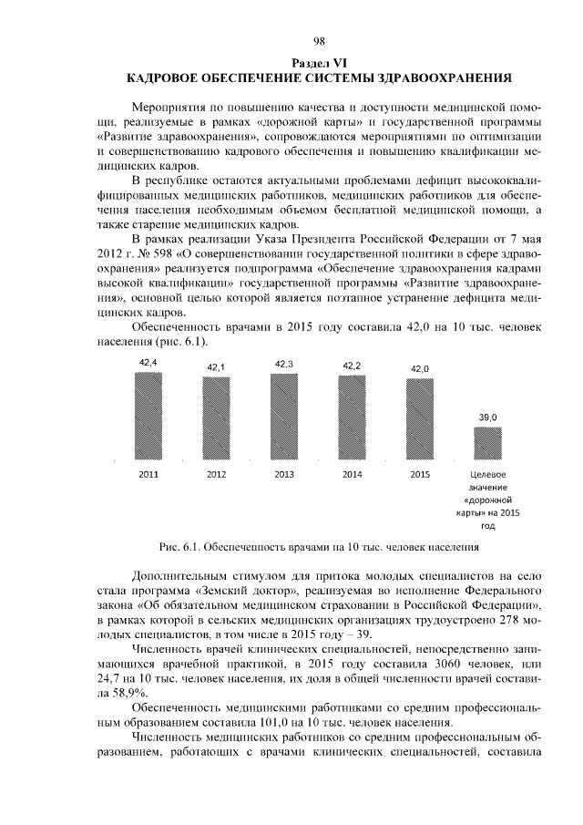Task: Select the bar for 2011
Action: click(148, 416)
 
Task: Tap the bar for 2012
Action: click(216, 416)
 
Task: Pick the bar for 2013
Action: click(283, 416)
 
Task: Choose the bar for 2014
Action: click(352, 416)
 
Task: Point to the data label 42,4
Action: click(148, 363)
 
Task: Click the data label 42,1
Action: click(216, 366)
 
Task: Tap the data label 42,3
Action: click(283, 364)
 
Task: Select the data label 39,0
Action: click(488, 417)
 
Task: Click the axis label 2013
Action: click(283, 475)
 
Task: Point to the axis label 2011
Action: click(148, 475)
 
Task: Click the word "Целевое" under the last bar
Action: click(488, 475)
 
